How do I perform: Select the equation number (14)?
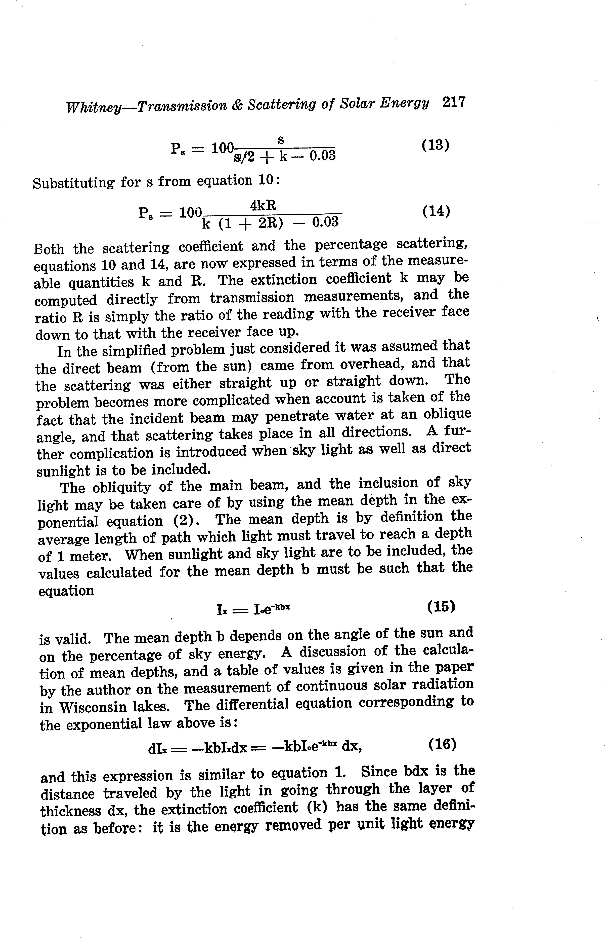tap(436, 211)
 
